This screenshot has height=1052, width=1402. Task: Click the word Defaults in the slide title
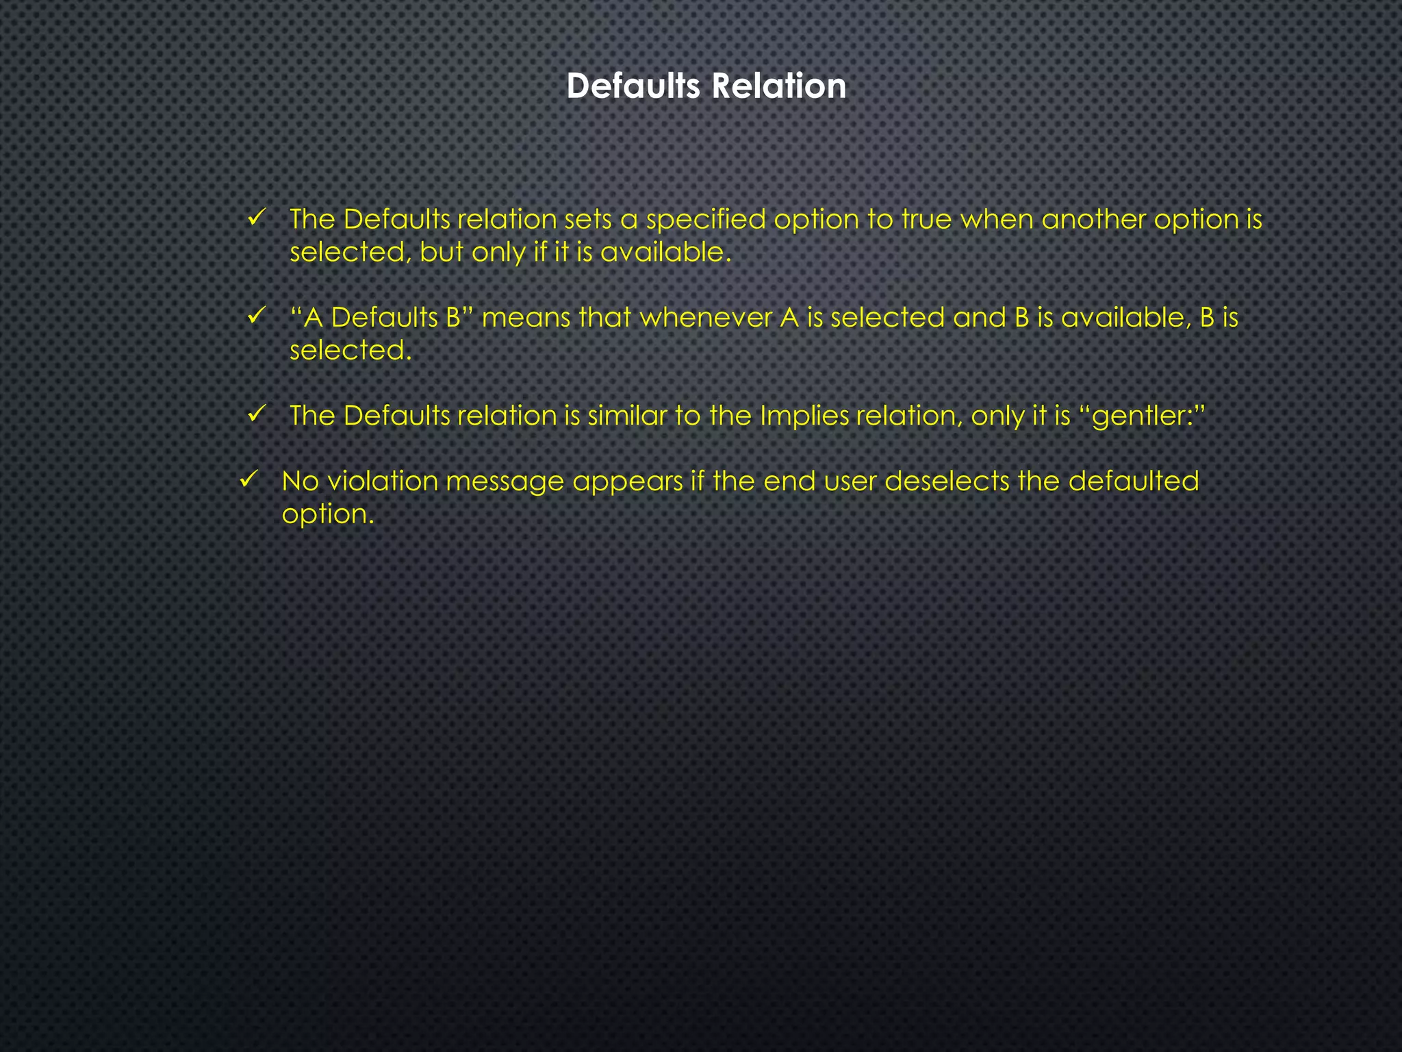point(633,86)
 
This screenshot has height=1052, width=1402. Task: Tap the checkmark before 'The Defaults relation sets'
point(256,218)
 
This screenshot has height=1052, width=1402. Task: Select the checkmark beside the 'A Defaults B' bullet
point(256,316)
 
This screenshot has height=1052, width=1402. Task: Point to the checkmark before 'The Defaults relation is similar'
point(256,414)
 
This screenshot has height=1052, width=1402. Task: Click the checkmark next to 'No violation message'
point(248,479)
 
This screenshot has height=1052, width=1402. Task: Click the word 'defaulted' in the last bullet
point(1133,481)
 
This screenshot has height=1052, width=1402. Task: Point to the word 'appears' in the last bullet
point(628,482)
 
